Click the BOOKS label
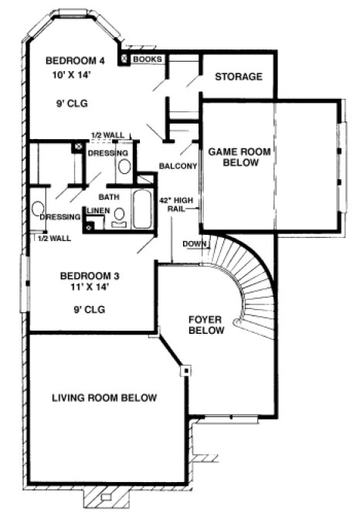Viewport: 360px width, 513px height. [x=147, y=59]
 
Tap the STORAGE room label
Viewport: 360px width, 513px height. [x=239, y=76]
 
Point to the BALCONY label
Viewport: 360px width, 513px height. [x=178, y=166]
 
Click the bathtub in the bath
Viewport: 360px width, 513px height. [x=141, y=209]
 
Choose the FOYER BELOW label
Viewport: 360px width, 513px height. [x=206, y=324]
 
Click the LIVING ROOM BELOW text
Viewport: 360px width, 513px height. [x=104, y=398]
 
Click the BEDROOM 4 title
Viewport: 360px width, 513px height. [x=76, y=61]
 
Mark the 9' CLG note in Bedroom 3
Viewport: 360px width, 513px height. [x=87, y=309]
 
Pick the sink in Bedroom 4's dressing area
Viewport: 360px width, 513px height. [x=124, y=165]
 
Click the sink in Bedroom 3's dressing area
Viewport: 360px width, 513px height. [x=37, y=209]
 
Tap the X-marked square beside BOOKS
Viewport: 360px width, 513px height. [x=124, y=59]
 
